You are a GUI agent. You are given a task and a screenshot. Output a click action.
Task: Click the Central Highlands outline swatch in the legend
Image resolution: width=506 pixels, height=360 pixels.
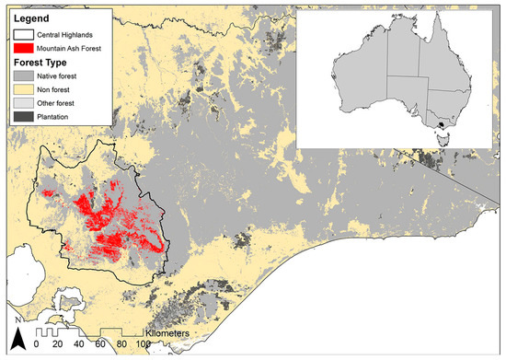(23, 35)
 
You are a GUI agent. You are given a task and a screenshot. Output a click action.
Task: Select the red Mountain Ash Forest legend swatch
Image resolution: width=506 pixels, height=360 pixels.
(23, 48)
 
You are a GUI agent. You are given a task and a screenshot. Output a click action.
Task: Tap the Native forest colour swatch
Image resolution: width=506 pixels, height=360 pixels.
(23, 79)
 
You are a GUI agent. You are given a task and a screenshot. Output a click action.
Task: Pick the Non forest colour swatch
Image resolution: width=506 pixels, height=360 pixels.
(23, 92)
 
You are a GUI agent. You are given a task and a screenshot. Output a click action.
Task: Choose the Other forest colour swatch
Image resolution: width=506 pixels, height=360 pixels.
(23, 105)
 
